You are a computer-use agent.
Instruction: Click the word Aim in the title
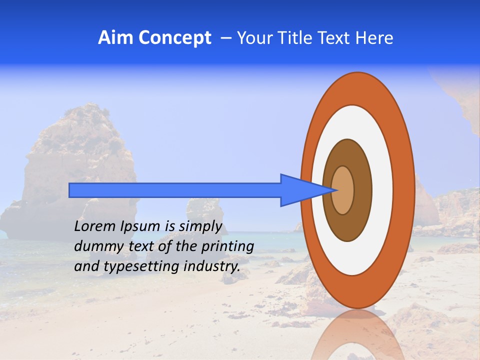(x=115, y=38)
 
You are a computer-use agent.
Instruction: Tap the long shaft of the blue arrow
(x=175, y=190)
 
